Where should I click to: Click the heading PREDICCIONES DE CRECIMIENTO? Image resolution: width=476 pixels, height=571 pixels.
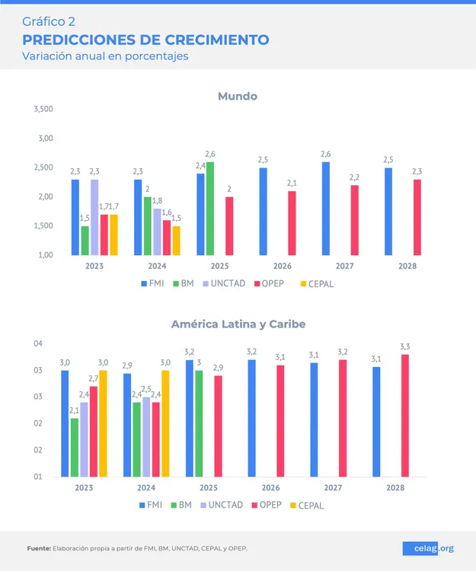pos(145,40)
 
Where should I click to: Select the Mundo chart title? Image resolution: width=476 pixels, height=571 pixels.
pos(237,96)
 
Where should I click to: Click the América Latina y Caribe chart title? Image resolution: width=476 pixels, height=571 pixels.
pos(238,324)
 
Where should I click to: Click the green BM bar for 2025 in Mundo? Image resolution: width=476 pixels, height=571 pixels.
pos(209,209)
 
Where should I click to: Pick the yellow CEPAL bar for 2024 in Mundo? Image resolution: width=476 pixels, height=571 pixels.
pos(176,241)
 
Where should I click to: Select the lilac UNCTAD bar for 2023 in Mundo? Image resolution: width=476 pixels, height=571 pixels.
pos(94,217)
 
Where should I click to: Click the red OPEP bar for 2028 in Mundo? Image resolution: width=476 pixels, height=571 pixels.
pos(417,217)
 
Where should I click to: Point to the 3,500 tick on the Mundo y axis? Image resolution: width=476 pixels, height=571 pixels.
pos(43,110)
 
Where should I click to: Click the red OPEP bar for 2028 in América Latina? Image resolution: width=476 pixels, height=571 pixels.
pos(404,415)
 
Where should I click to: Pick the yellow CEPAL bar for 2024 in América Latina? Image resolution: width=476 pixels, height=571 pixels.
pos(165,423)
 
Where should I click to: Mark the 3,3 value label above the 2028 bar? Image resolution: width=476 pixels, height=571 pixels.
pos(404,347)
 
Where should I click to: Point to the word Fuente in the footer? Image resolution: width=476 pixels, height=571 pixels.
pos(38,548)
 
